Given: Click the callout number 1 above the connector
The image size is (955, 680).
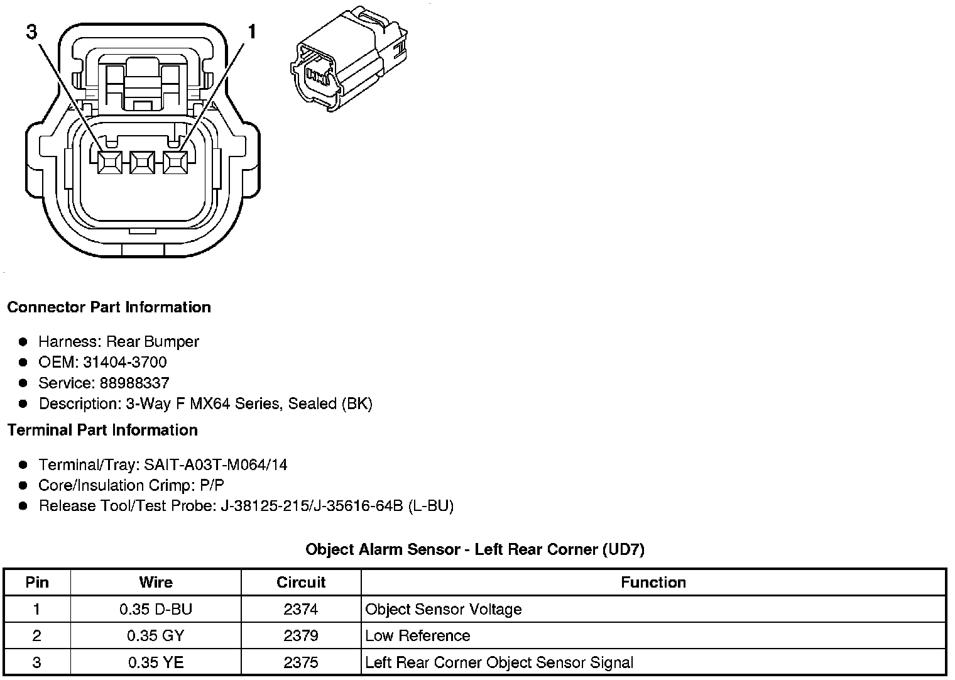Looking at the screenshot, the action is (x=252, y=31).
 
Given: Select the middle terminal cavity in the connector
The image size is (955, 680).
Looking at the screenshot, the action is (x=142, y=163).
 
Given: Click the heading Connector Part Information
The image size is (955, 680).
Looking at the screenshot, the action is (x=109, y=307).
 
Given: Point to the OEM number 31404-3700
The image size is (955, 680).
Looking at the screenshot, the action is (x=124, y=362).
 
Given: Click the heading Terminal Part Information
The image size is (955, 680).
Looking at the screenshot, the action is (x=102, y=430).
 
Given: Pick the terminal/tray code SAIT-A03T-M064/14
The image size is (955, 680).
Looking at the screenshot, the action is (x=216, y=464).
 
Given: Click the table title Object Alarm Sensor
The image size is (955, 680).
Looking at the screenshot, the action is (x=474, y=549).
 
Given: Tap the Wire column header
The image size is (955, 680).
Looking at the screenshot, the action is (x=156, y=582).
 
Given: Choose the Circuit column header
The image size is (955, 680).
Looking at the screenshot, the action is (x=301, y=582).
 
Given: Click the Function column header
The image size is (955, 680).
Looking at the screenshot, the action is (x=653, y=582).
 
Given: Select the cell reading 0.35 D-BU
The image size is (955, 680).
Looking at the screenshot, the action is (x=156, y=609).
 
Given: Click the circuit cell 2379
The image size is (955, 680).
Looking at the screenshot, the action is (x=301, y=635).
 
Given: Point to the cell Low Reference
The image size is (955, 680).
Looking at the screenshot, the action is (x=418, y=635).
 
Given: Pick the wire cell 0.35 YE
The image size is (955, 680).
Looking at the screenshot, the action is (x=156, y=662).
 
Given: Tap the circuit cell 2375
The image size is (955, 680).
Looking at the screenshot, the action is (x=301, y=662).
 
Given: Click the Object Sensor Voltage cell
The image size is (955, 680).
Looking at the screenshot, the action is (x=444, y=609).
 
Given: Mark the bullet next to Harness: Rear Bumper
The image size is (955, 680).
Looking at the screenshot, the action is (x=23, y=342).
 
